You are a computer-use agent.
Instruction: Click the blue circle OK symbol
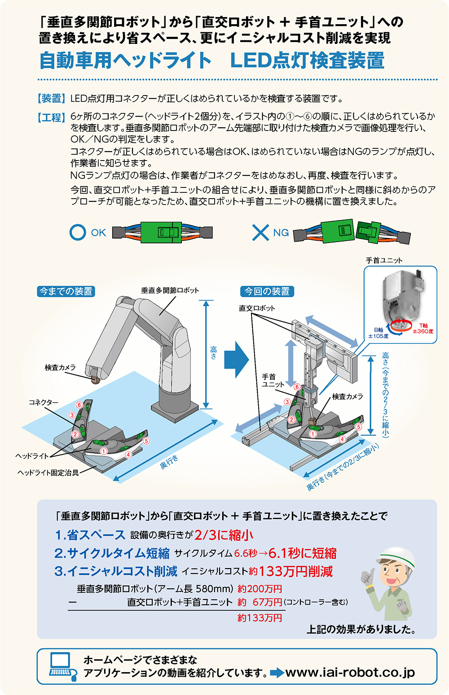(78, 232)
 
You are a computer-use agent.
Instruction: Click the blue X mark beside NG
(260, 232)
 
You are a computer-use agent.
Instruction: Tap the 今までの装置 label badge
(66, 291)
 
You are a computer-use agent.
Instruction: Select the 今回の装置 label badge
(267, 291)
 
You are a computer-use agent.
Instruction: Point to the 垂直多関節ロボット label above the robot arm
(170, 291)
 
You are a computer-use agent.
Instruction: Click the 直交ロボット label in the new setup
(257, 308)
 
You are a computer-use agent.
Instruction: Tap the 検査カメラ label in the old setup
(60, 367)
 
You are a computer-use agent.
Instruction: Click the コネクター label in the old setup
(44, 402)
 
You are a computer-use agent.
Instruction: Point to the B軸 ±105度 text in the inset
(379, 333)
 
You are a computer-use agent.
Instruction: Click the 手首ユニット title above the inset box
(384, 260)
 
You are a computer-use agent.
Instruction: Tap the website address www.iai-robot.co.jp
(350, 673)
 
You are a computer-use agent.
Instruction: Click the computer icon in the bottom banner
(60, 666)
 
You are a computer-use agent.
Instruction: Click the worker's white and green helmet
(395, 556)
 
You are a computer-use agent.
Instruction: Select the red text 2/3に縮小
(224, 535)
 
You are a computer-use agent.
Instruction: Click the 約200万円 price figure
(260, 589)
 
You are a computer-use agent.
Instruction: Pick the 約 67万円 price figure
(260, 602)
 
